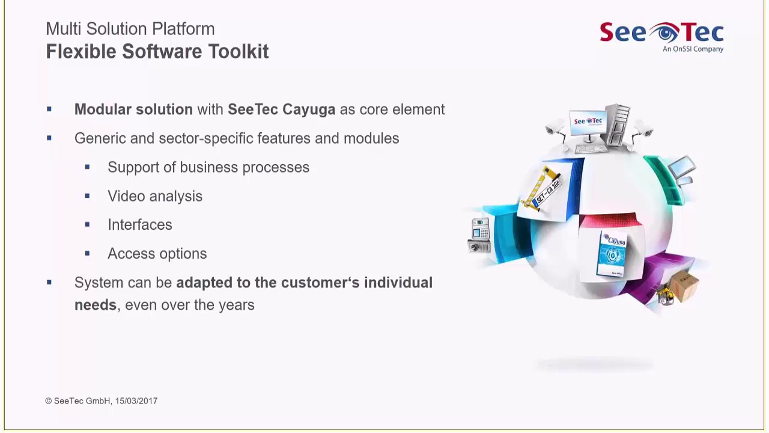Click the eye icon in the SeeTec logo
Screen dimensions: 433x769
664,32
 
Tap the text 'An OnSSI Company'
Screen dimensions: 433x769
693,49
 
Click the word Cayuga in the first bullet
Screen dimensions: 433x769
308,109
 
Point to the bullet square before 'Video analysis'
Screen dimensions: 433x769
87,196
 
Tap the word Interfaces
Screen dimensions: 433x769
139,225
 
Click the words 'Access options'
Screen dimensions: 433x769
157,254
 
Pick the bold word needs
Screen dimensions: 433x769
95,305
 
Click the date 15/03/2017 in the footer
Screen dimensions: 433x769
136,401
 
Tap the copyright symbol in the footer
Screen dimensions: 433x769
48,401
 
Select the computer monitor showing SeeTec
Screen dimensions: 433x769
588,124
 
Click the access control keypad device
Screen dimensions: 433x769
480,235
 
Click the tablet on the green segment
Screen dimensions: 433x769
682,168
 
